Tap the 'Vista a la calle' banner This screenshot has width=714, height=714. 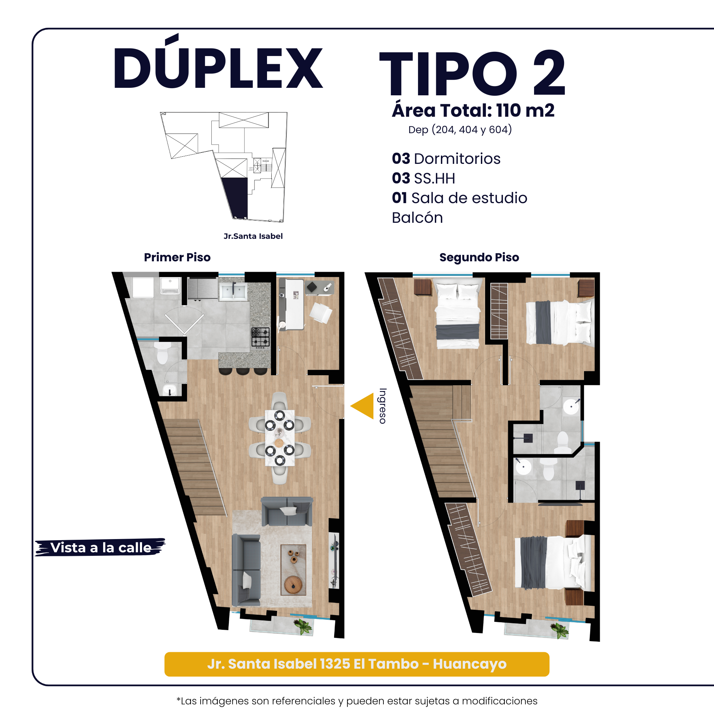(100, 547)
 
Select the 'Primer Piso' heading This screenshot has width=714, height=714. (177, 257)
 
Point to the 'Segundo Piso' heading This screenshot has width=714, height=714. (479, 257)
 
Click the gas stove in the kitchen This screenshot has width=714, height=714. (261, 337)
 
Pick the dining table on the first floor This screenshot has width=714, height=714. (280, 438)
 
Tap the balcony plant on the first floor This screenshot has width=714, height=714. (304, 627)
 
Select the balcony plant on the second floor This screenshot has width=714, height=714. (559, 630)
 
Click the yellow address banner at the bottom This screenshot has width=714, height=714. (357, 664)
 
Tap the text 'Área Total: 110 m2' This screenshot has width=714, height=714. (473, 110)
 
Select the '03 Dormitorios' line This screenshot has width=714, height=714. (446, 159)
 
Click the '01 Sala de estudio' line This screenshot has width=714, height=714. (459, 198)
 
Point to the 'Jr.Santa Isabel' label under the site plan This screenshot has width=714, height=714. (253, 236)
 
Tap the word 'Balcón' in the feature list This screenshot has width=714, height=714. (417, 218)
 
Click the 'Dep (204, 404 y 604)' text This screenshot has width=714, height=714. (460, 130)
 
